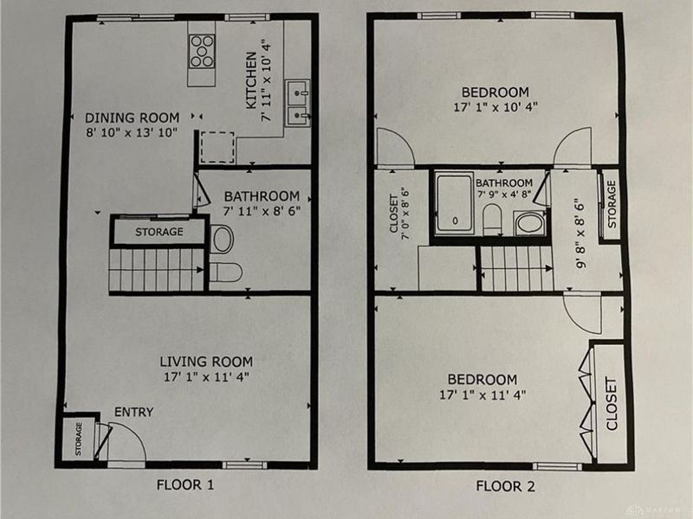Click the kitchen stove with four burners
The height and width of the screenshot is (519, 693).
point(202,52)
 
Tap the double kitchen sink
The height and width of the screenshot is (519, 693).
point(298,103)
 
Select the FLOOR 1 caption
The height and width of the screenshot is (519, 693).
point(185,485)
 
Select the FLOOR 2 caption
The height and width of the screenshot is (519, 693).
point(505,486)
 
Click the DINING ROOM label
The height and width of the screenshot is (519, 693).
point(133,118)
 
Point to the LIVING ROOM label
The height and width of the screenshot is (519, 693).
point(206,362)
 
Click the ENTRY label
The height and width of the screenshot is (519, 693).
point(134,412)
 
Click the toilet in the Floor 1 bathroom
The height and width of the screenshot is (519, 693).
point(225,272)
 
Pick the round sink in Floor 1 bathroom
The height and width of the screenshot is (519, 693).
point(223,239)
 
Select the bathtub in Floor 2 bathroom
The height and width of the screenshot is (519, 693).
point(454,203)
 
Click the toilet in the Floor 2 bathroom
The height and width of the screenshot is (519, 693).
point(492,220)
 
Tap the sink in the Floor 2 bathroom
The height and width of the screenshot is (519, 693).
point(530,223)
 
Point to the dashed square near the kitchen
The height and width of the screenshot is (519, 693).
point(217,147)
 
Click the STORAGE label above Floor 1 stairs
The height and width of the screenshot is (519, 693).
point(159,232)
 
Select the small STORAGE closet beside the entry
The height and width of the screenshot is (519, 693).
point(78,439)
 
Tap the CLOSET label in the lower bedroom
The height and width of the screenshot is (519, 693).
point(612,403)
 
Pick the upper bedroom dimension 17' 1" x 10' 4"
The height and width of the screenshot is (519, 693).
point(495,106)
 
